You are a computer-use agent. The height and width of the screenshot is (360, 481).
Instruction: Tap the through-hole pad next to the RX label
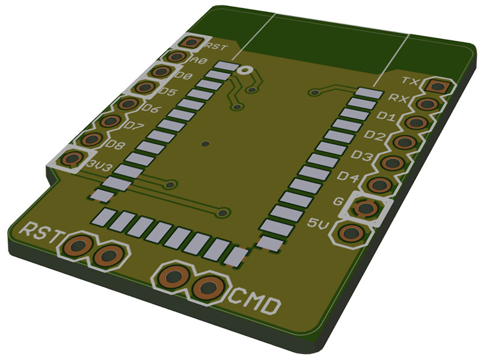(427, 104)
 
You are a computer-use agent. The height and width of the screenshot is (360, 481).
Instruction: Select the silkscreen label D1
(386, 116)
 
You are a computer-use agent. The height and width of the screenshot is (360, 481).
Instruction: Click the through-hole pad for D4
(380, 185)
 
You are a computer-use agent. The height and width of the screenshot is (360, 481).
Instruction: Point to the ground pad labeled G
(366, 208)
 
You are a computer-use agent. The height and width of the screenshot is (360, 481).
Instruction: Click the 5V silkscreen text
(318, 224)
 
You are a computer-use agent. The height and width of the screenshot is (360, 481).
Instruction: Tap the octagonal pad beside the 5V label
(351, 234)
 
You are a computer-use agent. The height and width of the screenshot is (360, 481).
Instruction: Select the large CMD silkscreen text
(254, 301)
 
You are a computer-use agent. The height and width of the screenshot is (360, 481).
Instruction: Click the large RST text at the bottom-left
(43, 232)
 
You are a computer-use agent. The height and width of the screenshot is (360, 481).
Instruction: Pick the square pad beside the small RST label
(191, 42)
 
